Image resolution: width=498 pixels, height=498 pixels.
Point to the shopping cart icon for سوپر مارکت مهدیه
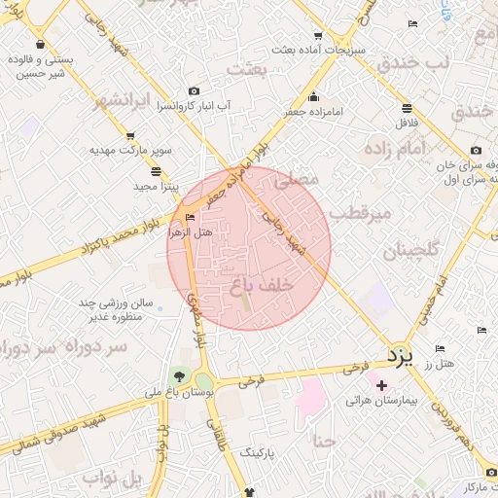point(130,137)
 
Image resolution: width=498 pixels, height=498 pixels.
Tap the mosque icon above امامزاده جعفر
point(314,97)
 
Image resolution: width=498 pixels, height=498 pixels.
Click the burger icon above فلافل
point(406,108)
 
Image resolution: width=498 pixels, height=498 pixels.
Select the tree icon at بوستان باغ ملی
point(178,377)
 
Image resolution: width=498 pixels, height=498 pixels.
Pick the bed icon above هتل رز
point(441,348)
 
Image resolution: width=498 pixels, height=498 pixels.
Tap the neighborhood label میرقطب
point(358,212)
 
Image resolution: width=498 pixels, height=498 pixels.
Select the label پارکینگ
point(257,453)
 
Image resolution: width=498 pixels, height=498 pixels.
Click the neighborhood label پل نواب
point(115,479)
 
